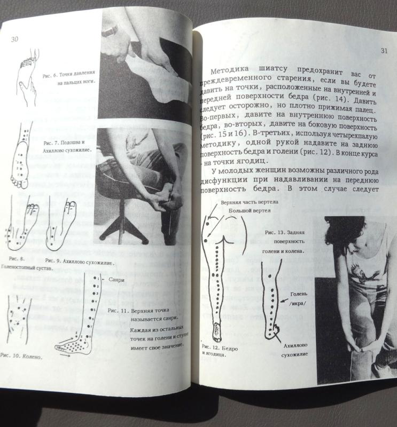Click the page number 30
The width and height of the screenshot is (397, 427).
15,39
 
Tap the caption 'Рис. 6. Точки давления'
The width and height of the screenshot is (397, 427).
66,75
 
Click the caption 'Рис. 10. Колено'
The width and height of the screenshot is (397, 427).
21,354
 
